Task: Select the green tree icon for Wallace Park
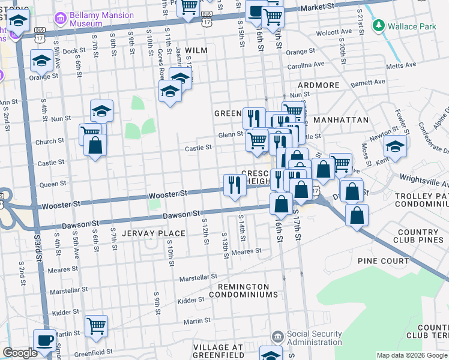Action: tap(378, 26)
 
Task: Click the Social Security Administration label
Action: tap(316, 338)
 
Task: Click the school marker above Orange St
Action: tap(41, 60)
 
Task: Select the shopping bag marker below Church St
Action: tap(95, 145)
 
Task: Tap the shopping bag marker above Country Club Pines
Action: tap(357, 215)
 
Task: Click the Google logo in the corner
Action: tap(20, 353)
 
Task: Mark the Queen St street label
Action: tap(53, 184)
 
